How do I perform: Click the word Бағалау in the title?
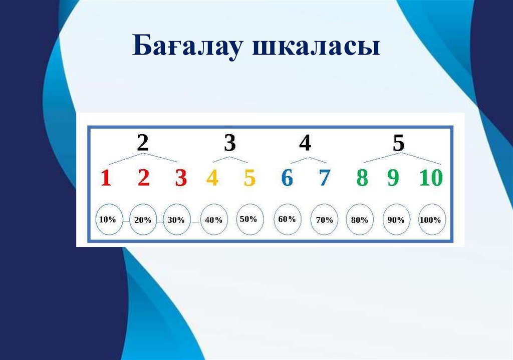point(189,48)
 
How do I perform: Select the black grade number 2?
point(143,144)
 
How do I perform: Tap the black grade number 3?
point(229,144)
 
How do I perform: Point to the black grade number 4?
point(305,144)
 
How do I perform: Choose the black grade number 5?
point(398,144)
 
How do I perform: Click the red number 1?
point(106,178)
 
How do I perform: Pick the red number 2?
point(144,178)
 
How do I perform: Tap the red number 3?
point(181,178)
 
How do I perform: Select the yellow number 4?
point(212,178)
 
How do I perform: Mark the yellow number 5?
point(249,178)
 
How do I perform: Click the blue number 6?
point(287,178)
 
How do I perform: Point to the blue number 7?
point(324,178)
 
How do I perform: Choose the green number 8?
point(362,178)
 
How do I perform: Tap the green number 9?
point(393,178)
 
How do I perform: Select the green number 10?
point(431,178)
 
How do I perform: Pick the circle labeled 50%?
point(248,219)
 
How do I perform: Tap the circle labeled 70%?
point(325,220)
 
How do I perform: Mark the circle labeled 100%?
point(431,220)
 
